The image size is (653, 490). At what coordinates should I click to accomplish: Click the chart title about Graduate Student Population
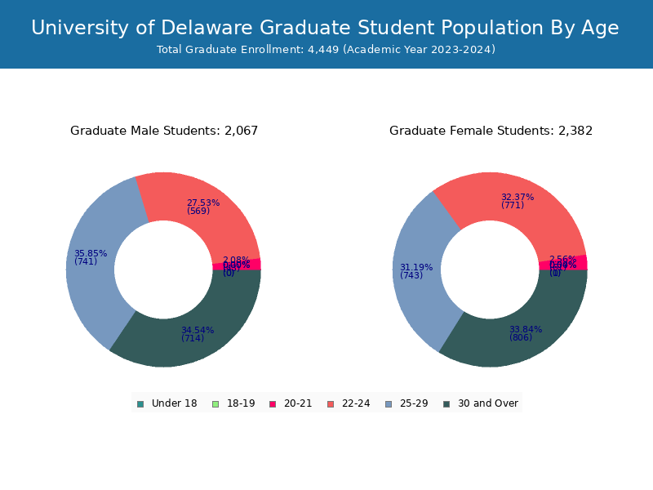point(325,28)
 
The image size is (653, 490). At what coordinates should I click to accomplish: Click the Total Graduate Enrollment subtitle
point(326,50)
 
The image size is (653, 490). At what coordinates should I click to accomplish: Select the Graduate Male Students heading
point(164,131)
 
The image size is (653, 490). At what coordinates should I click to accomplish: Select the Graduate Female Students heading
point(491,131)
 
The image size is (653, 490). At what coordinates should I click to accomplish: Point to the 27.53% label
point(202,203)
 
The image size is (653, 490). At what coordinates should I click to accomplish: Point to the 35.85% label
point(90,253)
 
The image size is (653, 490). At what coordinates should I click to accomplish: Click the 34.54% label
point(197,330)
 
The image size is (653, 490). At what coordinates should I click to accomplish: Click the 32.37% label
point(517,197)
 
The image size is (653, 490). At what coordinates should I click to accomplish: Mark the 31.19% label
point(415,267)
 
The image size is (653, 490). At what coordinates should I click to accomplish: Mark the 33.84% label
point(525,329)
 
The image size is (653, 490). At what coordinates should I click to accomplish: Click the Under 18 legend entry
point(167,403)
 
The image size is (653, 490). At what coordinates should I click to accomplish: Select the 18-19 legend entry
point(233,403)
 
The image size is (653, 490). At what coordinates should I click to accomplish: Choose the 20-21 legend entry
point(291,403)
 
